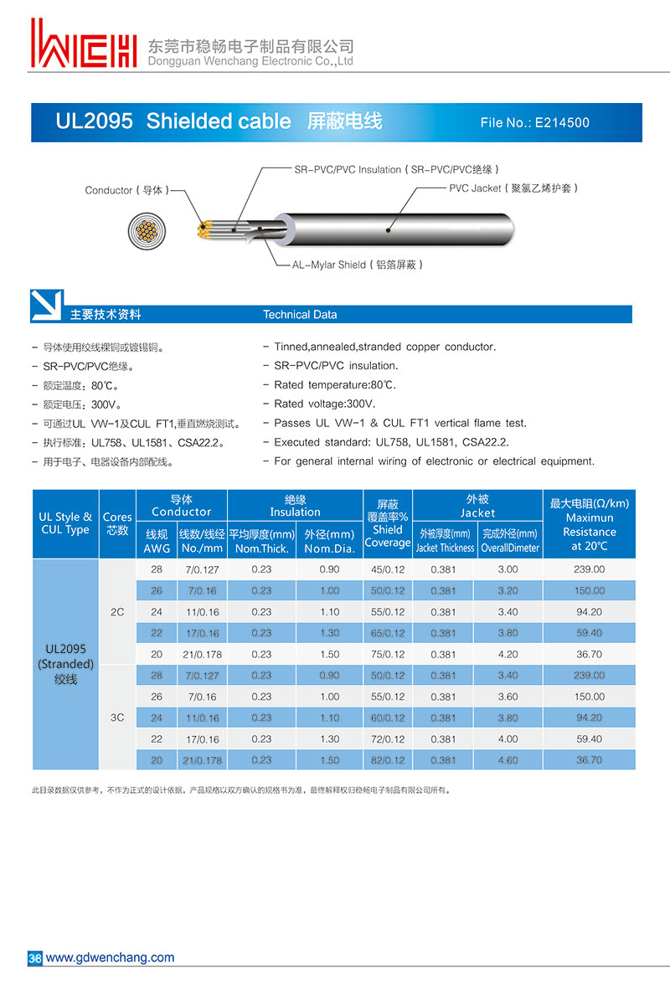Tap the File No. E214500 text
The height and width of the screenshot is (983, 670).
534,123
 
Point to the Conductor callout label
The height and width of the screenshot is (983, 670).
126,191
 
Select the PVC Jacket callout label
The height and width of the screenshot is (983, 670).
513,188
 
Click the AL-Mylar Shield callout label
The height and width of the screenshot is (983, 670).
357,265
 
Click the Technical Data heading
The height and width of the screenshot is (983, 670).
300,315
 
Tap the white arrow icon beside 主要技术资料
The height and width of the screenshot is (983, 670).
47,306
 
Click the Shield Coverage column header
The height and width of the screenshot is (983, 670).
387,523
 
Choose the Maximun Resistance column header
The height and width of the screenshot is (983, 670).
589,524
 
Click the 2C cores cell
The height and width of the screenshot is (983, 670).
117,612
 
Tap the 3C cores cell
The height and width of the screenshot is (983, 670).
117,718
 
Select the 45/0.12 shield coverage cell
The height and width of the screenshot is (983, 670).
387,569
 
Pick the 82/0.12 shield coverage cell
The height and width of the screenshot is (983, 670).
387,760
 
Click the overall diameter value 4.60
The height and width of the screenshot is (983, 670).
508,760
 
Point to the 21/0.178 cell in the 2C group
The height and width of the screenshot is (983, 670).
201,654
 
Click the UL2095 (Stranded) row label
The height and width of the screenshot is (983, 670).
65,663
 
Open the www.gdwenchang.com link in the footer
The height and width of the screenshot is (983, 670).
110,958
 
